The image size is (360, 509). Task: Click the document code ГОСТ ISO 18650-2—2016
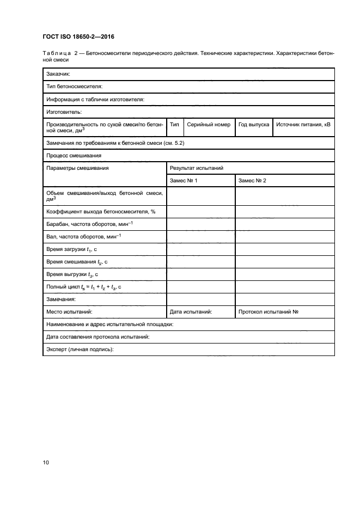coord(76,37)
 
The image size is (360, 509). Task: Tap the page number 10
coord(46,462)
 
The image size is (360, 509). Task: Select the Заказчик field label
coord(58,73)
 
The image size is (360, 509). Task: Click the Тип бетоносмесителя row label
coord(75,86)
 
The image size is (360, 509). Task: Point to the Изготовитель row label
coord(64,112)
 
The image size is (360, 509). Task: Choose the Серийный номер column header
coord(209,125)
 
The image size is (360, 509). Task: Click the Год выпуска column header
coord(254,125)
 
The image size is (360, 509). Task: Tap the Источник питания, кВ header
coord(303,125)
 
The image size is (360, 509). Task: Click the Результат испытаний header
coord(197,168)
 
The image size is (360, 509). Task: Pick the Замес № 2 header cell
coord(252,181)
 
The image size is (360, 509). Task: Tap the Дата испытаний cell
coord(191,312)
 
